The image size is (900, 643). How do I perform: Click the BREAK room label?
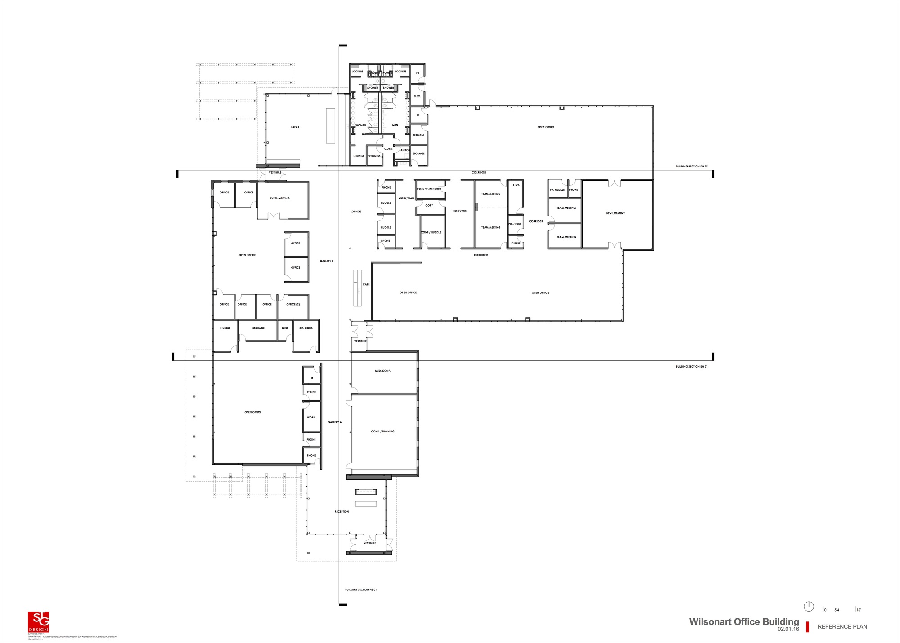click(x=295, y=127)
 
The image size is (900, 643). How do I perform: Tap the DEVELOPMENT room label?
click(x=615, y=213)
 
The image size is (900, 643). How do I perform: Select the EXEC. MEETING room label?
click(x=280, y=198)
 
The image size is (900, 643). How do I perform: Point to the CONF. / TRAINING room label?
click(x=382, y=432)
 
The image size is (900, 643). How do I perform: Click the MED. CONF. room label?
click(x=382, y=371)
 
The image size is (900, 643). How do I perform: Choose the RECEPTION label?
click(x=342, y=512)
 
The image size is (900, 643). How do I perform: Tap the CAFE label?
click(x=366, y=285)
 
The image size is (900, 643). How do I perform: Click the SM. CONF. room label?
click(x=306, y=328)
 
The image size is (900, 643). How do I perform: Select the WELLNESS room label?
click(x=374, y=156)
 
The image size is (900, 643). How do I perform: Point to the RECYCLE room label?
click(x=418, y=135)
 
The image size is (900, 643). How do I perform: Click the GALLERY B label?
click(x=327, y=261)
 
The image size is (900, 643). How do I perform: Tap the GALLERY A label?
click(x=334, y=422)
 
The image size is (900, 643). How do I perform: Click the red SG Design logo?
click(x=38, y=622)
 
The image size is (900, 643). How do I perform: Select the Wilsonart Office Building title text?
click(x=744, y=622)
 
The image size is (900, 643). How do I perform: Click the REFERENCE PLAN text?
click(x=842, y=627)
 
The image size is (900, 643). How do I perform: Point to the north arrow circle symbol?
click(x=809, y=607)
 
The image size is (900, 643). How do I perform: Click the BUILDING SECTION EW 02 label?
click(x=692, y=166)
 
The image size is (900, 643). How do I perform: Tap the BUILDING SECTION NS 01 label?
click(x=361, y=589)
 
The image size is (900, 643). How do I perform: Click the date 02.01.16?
click(x=788, y=629)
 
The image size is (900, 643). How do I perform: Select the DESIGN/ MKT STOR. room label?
click(x=429, y=189)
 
